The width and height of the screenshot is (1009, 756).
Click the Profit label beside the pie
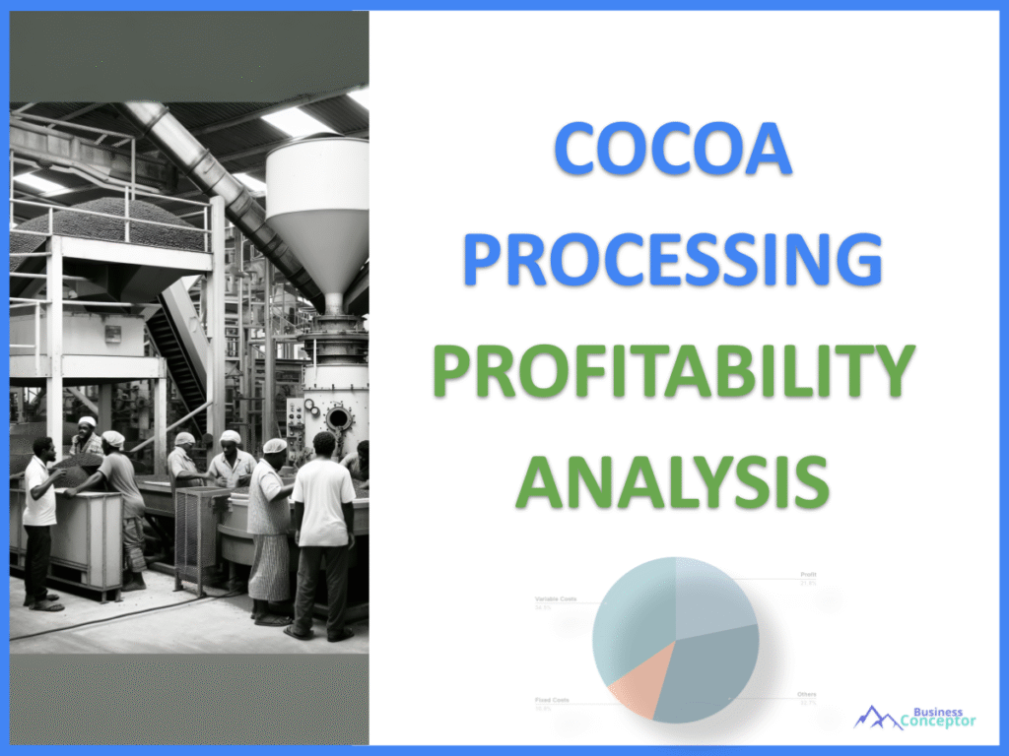[x=808, y=574]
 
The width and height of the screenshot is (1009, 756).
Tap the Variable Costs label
[x=556, y=598]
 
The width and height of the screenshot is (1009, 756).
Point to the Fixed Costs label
[x=553, y=700]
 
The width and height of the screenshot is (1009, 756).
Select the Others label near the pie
[x=806, y=695]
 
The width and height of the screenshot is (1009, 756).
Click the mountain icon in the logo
[x=876, y=718]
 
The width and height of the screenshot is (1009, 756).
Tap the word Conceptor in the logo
[x=938, y=723]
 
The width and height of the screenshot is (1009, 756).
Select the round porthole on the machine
[x=339, y=418]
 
